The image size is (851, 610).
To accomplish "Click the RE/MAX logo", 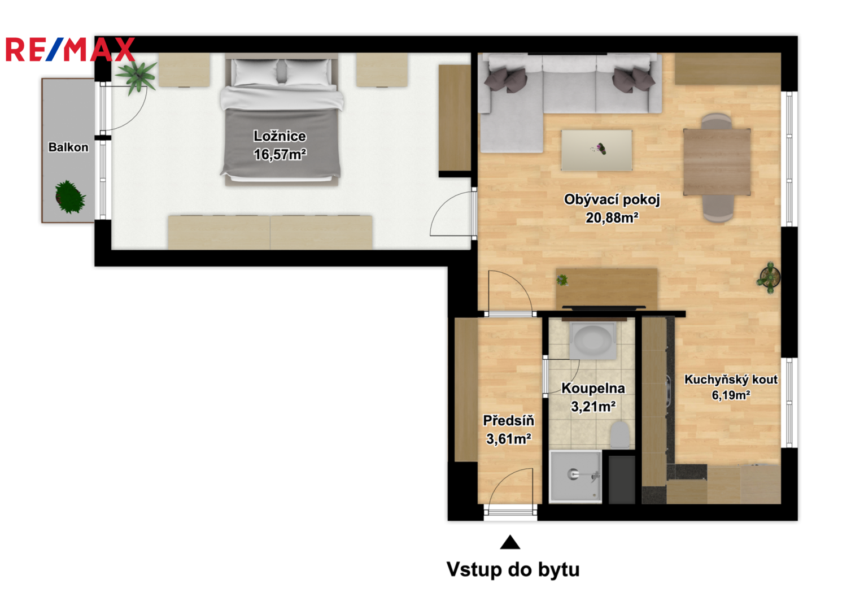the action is [x=70, y=49].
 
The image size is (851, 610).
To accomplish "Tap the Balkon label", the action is [x=68, y=147].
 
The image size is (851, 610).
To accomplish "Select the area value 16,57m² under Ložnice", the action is [x=280, y=154].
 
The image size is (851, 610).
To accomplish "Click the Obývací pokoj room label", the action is [x=612, y=199].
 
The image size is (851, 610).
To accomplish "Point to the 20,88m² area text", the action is [x=612, y=217].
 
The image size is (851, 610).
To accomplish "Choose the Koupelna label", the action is [x=593, y=388].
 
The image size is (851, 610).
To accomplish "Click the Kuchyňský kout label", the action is [x=731, y=380].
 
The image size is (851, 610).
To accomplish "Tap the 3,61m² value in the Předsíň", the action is [x=509, y=439].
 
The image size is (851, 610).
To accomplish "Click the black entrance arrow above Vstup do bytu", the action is [x=510, y=542].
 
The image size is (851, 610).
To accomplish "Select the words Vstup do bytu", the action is [x=513, y=570].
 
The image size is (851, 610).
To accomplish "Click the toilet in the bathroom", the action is [x=619, y=434].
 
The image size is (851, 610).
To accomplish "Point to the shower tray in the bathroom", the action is [x=575, y=477].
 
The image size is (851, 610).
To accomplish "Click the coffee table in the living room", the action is [x=597, y=150].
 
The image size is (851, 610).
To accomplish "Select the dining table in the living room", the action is [x=717, y=162].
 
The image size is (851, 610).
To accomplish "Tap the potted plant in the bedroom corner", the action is [x=136, y=77].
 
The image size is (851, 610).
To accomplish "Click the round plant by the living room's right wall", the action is [x=770, y=277].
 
